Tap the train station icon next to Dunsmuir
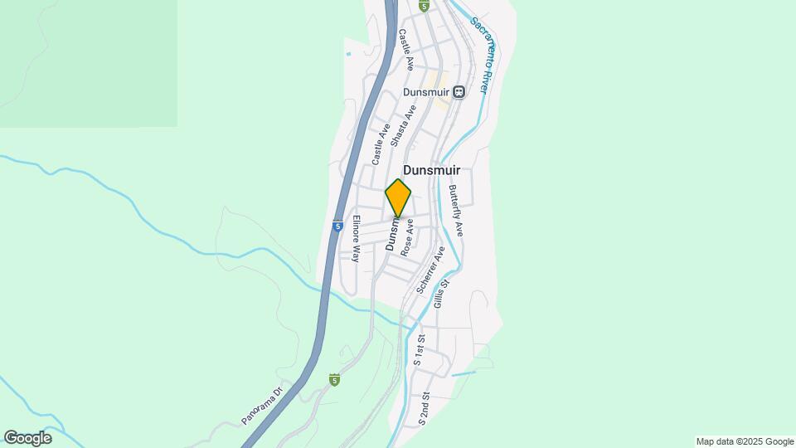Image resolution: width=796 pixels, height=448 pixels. [459, 92]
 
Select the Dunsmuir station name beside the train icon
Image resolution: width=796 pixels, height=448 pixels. [426, 92]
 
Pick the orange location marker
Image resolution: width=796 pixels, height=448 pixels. [398, 197]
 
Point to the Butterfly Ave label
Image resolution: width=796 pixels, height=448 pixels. [456, 211]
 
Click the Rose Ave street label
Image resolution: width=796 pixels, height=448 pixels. [408, 237]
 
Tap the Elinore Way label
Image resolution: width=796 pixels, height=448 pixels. [356, 239]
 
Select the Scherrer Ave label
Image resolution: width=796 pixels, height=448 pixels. [426, 270]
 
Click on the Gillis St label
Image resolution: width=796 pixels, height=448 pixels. [440, 295]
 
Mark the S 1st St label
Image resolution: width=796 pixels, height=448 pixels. [420, 350]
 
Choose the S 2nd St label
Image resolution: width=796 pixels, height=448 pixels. [425, 409]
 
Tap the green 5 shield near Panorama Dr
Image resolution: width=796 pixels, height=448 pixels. [334, 380]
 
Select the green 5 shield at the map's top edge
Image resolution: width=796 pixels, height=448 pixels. [424, 6]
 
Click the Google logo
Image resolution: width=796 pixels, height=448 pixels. [27, 438]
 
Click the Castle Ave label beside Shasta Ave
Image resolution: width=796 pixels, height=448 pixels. [381, 143]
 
